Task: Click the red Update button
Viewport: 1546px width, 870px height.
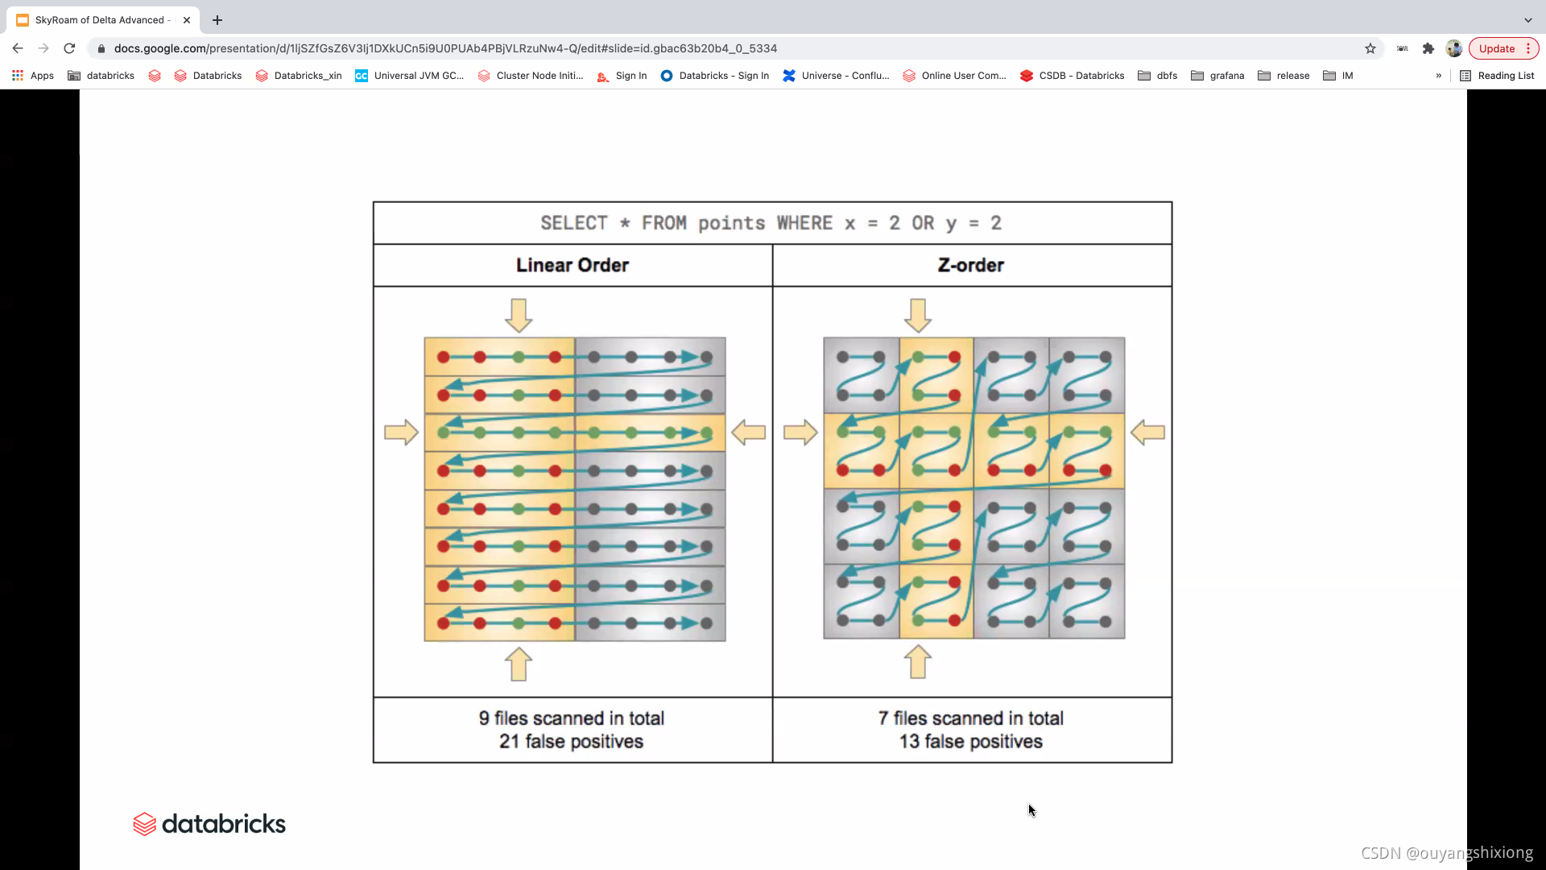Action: [1496, 48]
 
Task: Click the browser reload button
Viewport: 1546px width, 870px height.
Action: [69, 48]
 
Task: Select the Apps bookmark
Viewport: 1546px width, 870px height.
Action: [33, 76]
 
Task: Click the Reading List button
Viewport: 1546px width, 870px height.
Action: [1497, 76]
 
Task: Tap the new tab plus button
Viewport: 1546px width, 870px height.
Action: [217, 20]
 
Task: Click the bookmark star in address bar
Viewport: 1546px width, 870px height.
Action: [1370, 48]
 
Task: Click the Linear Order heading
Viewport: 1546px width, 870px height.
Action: [573, 265]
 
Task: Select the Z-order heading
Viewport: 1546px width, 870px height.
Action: [971, 265]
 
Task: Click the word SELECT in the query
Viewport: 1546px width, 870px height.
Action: [573, 223]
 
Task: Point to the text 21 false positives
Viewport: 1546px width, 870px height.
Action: [571, 742]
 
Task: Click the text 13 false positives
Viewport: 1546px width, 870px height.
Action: [970, 742]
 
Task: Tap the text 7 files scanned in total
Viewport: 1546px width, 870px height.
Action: [970, 718]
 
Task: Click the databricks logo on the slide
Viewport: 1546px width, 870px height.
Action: [209, 824]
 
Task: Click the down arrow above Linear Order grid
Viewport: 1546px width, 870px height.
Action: [519, 315]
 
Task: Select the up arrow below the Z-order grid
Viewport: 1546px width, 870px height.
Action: [918, 662]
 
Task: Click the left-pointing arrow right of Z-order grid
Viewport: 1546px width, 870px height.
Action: [1147, 433]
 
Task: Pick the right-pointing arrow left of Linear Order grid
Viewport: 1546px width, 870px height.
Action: [401, 433]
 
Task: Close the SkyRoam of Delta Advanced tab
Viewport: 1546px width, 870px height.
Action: [187, 20]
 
